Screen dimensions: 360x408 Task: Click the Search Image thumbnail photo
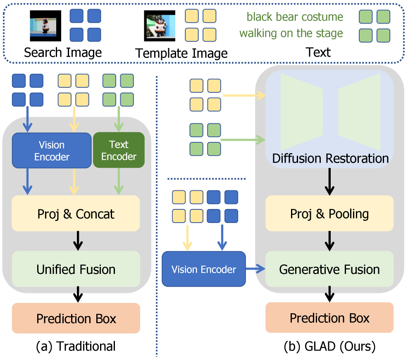click(45, 25)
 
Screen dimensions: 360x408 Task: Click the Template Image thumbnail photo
click(160, 26)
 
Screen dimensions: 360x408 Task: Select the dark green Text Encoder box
click(119, 150)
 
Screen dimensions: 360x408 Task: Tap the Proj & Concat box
click(76, 214)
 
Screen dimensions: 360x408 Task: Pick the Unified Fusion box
click(76, 270)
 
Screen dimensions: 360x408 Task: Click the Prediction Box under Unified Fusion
click(76, 319)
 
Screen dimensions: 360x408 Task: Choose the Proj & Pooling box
click(329, 214)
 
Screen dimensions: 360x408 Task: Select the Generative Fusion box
click(329, 270)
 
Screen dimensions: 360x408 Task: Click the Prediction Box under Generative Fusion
click(329, 318)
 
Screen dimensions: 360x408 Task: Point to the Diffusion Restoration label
click(330, 158)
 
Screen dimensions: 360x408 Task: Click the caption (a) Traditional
click(76, 346)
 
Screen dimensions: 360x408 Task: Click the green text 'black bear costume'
click(295, 17)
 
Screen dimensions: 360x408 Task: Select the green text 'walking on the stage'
click(291, 33)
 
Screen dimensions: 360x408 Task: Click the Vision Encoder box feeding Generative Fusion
click(204, 270)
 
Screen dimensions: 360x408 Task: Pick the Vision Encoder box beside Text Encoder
click(52, 150)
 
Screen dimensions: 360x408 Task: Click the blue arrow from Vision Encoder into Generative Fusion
click(255, 270)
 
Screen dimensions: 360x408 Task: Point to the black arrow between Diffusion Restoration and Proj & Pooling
click(329, 184)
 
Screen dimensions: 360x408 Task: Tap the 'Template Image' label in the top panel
click(181, 53)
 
